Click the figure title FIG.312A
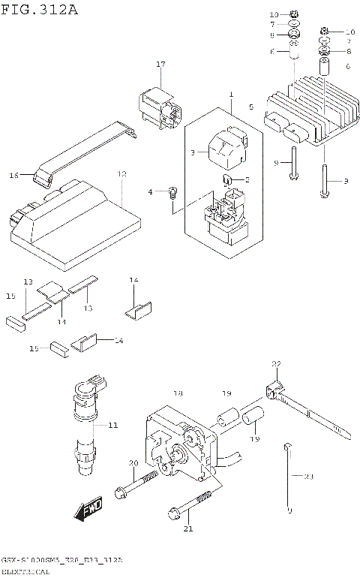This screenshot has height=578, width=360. pos(40,10)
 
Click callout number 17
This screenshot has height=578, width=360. pos(160,65)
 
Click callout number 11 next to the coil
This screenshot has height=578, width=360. pos(112,426)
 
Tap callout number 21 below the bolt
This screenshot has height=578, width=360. pos(188,529)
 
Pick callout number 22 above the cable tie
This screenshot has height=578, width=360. pos(276,364)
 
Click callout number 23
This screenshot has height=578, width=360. pos(308,476)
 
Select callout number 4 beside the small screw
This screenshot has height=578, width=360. pos(150,192)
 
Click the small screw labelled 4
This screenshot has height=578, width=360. pos(172,191)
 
